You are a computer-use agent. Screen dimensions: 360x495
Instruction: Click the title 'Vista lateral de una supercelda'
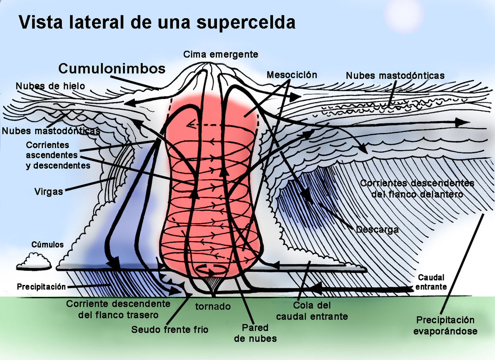(157, 23)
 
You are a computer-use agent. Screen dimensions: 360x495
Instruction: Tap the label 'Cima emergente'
(221, 54)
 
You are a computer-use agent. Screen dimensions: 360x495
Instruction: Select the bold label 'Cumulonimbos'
(112, 68)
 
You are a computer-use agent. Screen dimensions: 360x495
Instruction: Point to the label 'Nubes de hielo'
(50, 86)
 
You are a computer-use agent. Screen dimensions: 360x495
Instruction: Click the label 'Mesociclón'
(292, 75)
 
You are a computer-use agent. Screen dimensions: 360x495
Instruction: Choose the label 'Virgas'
(49, 192)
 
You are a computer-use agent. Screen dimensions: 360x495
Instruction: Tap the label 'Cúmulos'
(47, 245)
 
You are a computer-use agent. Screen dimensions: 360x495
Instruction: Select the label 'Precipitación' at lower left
(41, 286)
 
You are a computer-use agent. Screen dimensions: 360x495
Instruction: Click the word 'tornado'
(212, 307)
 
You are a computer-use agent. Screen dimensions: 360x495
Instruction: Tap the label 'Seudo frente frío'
(170, 329)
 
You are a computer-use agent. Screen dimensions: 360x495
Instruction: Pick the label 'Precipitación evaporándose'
(445, 325)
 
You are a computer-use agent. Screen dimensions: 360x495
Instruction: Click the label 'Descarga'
(377, 229)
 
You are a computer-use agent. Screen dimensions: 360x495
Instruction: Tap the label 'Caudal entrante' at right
(432, 282)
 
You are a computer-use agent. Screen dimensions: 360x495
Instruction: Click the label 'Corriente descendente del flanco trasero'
(118, 309)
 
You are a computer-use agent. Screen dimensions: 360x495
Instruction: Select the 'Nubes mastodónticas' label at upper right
(395, 75)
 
